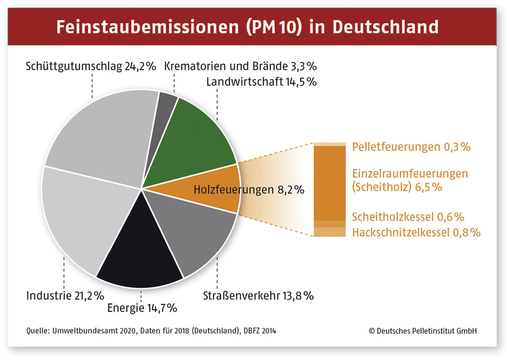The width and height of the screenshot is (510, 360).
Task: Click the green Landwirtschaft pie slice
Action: (x=202, y=135)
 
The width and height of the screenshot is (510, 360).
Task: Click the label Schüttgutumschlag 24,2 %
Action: (x=91, y=66)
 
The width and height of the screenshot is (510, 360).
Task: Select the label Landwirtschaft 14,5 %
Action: (x=261, y=82)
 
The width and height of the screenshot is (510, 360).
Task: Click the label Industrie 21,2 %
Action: (x=65, y=296)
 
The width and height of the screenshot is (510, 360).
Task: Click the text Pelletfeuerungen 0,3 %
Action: (x=411, y=147)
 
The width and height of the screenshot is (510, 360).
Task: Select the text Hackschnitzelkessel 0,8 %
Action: (x=416, y=233)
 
